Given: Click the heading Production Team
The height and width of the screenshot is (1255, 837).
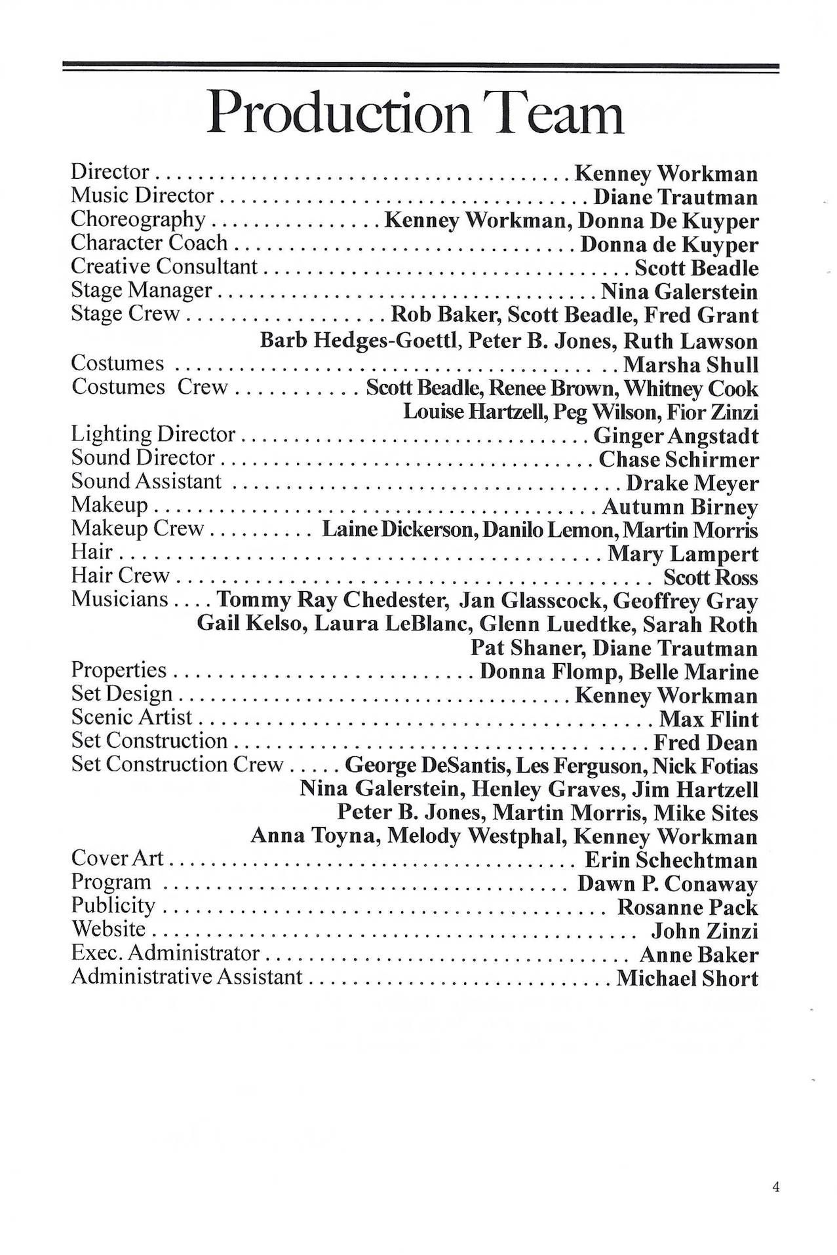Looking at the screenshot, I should (x=416, y=113).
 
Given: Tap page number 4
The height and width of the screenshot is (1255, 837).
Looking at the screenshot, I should (x=776, y=1187).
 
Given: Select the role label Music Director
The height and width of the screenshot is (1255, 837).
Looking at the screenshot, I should (x=142, y=195).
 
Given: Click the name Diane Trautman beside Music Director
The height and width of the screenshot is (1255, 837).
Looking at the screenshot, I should (x=676, y=197).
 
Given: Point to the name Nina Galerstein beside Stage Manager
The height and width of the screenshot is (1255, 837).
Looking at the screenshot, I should (x=680, y=292).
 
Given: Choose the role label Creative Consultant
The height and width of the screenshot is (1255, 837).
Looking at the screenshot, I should (x=164, y=267).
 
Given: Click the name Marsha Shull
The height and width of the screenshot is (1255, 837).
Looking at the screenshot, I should (x=690, y=364).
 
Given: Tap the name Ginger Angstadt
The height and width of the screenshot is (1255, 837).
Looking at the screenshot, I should (x=676, y=436).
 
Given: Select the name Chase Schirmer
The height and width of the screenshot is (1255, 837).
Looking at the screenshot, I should (x=678, y=459).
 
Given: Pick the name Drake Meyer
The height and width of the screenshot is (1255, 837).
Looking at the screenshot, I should (x=692, y=484).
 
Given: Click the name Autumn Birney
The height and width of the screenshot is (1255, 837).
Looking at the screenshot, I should (x=680, y=507).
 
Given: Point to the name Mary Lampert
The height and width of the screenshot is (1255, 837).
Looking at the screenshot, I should (x=683, y=554).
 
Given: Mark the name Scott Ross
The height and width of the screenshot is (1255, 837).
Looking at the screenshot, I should (x=710, y=577).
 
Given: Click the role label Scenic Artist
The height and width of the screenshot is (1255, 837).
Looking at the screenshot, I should (x=132, y=718).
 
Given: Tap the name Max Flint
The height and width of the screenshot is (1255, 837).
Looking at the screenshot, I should (x=709, y=720).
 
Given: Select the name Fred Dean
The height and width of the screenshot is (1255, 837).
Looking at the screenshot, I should (x=706, y=743).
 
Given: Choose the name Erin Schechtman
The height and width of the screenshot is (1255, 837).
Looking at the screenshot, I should (x=671, y=860).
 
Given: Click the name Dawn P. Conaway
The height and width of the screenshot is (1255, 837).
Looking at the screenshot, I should (x=667, y=884).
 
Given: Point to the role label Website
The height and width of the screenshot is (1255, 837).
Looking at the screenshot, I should (x=108, y=929).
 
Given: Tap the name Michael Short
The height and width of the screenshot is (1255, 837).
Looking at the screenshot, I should (x=687, y=978).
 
